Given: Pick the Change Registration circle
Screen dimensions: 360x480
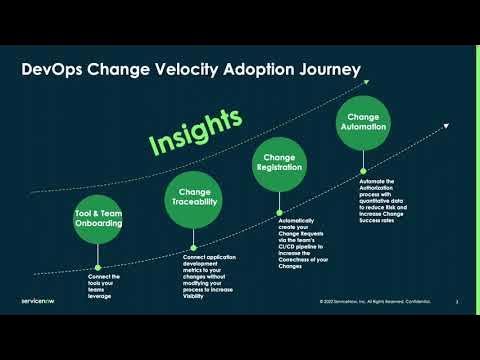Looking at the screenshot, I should point(278,163).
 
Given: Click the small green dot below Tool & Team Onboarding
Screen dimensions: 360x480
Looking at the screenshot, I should point(98,267).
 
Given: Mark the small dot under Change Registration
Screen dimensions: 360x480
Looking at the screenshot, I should point(278,212).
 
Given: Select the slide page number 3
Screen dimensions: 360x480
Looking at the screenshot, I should point(456,300).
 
